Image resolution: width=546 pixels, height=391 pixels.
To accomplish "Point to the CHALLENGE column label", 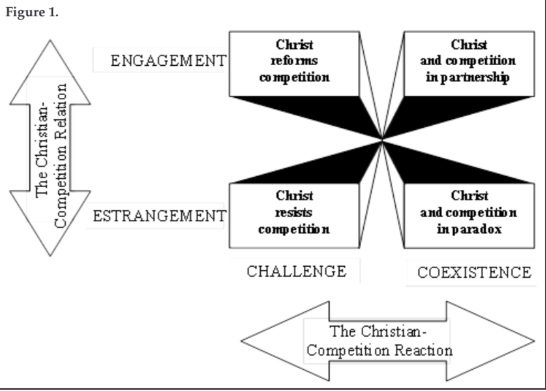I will click(x=296, y=271).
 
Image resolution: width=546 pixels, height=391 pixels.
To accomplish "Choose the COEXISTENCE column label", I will click(x=474, y=273).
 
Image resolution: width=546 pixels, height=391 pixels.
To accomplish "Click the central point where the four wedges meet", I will click(x=382, y=139).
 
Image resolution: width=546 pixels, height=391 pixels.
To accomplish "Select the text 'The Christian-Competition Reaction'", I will click(x=379, y=341).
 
